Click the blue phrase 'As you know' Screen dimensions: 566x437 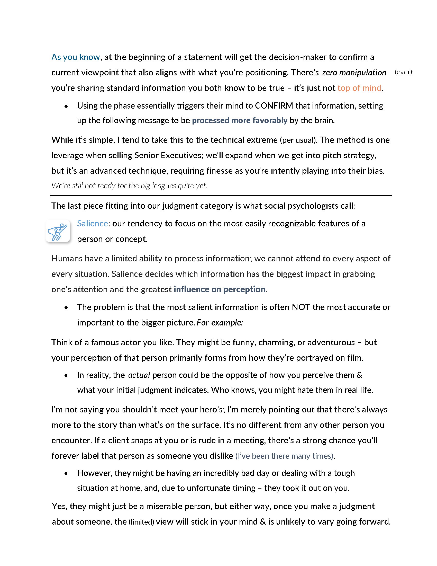[76, 57]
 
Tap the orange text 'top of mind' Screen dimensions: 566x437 [359, 88]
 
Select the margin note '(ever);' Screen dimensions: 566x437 [404, 72]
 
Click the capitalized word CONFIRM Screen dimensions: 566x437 [274, 106]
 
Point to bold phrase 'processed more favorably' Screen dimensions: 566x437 [240, 120]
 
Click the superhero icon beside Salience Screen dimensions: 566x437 [58, 231]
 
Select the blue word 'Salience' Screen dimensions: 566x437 [93, 223]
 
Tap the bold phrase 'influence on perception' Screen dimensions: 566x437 [219, 289]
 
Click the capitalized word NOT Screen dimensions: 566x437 [301, 307]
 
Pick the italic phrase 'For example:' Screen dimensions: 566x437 [220, 323]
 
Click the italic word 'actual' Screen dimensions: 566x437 [139, 375]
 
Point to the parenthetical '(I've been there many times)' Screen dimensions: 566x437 [285, 456]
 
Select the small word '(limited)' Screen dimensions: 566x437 [141, 522]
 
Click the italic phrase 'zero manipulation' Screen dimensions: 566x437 [354, 73]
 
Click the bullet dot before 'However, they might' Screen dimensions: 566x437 [66, 473]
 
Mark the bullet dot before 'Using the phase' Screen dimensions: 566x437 [66, 106]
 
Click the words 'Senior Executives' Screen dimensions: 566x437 [168, 155]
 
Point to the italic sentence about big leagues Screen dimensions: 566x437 [130, 185]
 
